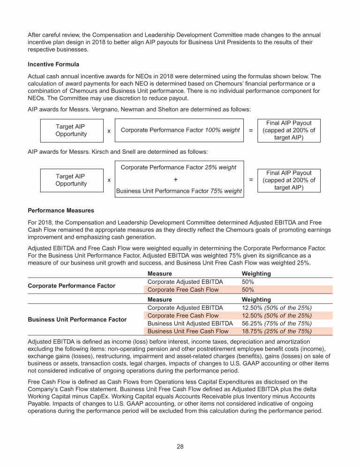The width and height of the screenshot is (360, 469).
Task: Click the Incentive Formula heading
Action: coord(53,64)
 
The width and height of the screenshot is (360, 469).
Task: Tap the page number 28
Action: coord(180,446)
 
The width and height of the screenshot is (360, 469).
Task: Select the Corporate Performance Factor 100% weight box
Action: coord(180,130)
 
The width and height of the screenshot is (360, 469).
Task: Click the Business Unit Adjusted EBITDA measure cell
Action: coord(190,324)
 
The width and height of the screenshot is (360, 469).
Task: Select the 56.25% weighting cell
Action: coord(276,324)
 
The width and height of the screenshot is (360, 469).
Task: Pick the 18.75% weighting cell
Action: coord(276,331)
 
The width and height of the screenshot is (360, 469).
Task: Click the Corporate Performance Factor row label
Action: coord(71,286)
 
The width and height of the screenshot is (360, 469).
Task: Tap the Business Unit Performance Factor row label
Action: coord(77,319)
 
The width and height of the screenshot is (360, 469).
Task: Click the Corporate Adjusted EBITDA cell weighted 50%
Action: coord(185,282)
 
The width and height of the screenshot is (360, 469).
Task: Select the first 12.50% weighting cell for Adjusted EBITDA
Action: coord(276,308)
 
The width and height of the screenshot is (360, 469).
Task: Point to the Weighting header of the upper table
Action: coord(256,273)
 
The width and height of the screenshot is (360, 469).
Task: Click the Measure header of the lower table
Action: coord(159,299)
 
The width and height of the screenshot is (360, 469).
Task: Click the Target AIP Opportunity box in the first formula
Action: coord(71,130)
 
